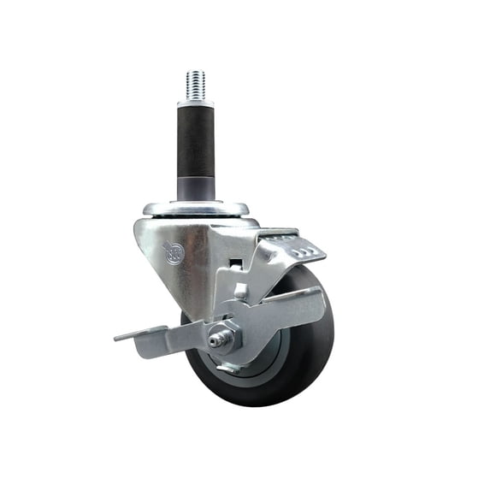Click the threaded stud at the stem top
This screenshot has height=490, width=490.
tap(195, 86)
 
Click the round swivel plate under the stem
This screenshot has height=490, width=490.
tap(195, 210)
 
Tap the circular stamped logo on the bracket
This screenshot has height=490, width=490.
tap(174, 254)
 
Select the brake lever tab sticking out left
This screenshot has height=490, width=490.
tap(137, 336)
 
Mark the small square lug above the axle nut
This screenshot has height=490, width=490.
tap(241, 292)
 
